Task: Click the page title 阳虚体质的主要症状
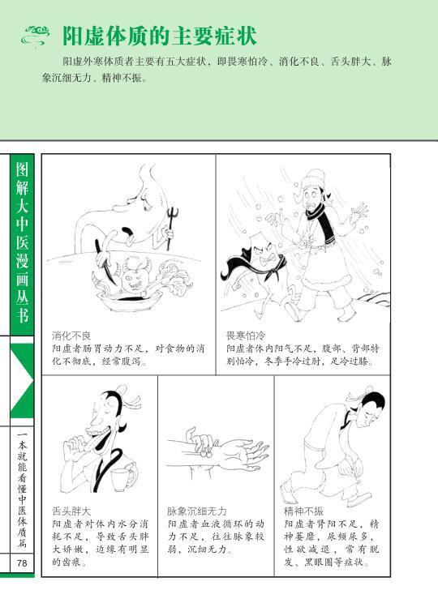(160, 36)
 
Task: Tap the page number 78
(22, 563)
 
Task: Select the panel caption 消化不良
(71, 336)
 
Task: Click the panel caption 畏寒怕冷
(246, 336)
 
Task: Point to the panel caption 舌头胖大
(71, 511)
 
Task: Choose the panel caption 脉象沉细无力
(197, 511)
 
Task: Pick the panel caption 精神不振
(304, 511)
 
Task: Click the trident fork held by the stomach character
(171, 228)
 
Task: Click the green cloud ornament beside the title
(35, 36)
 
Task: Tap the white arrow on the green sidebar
(22, 379)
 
